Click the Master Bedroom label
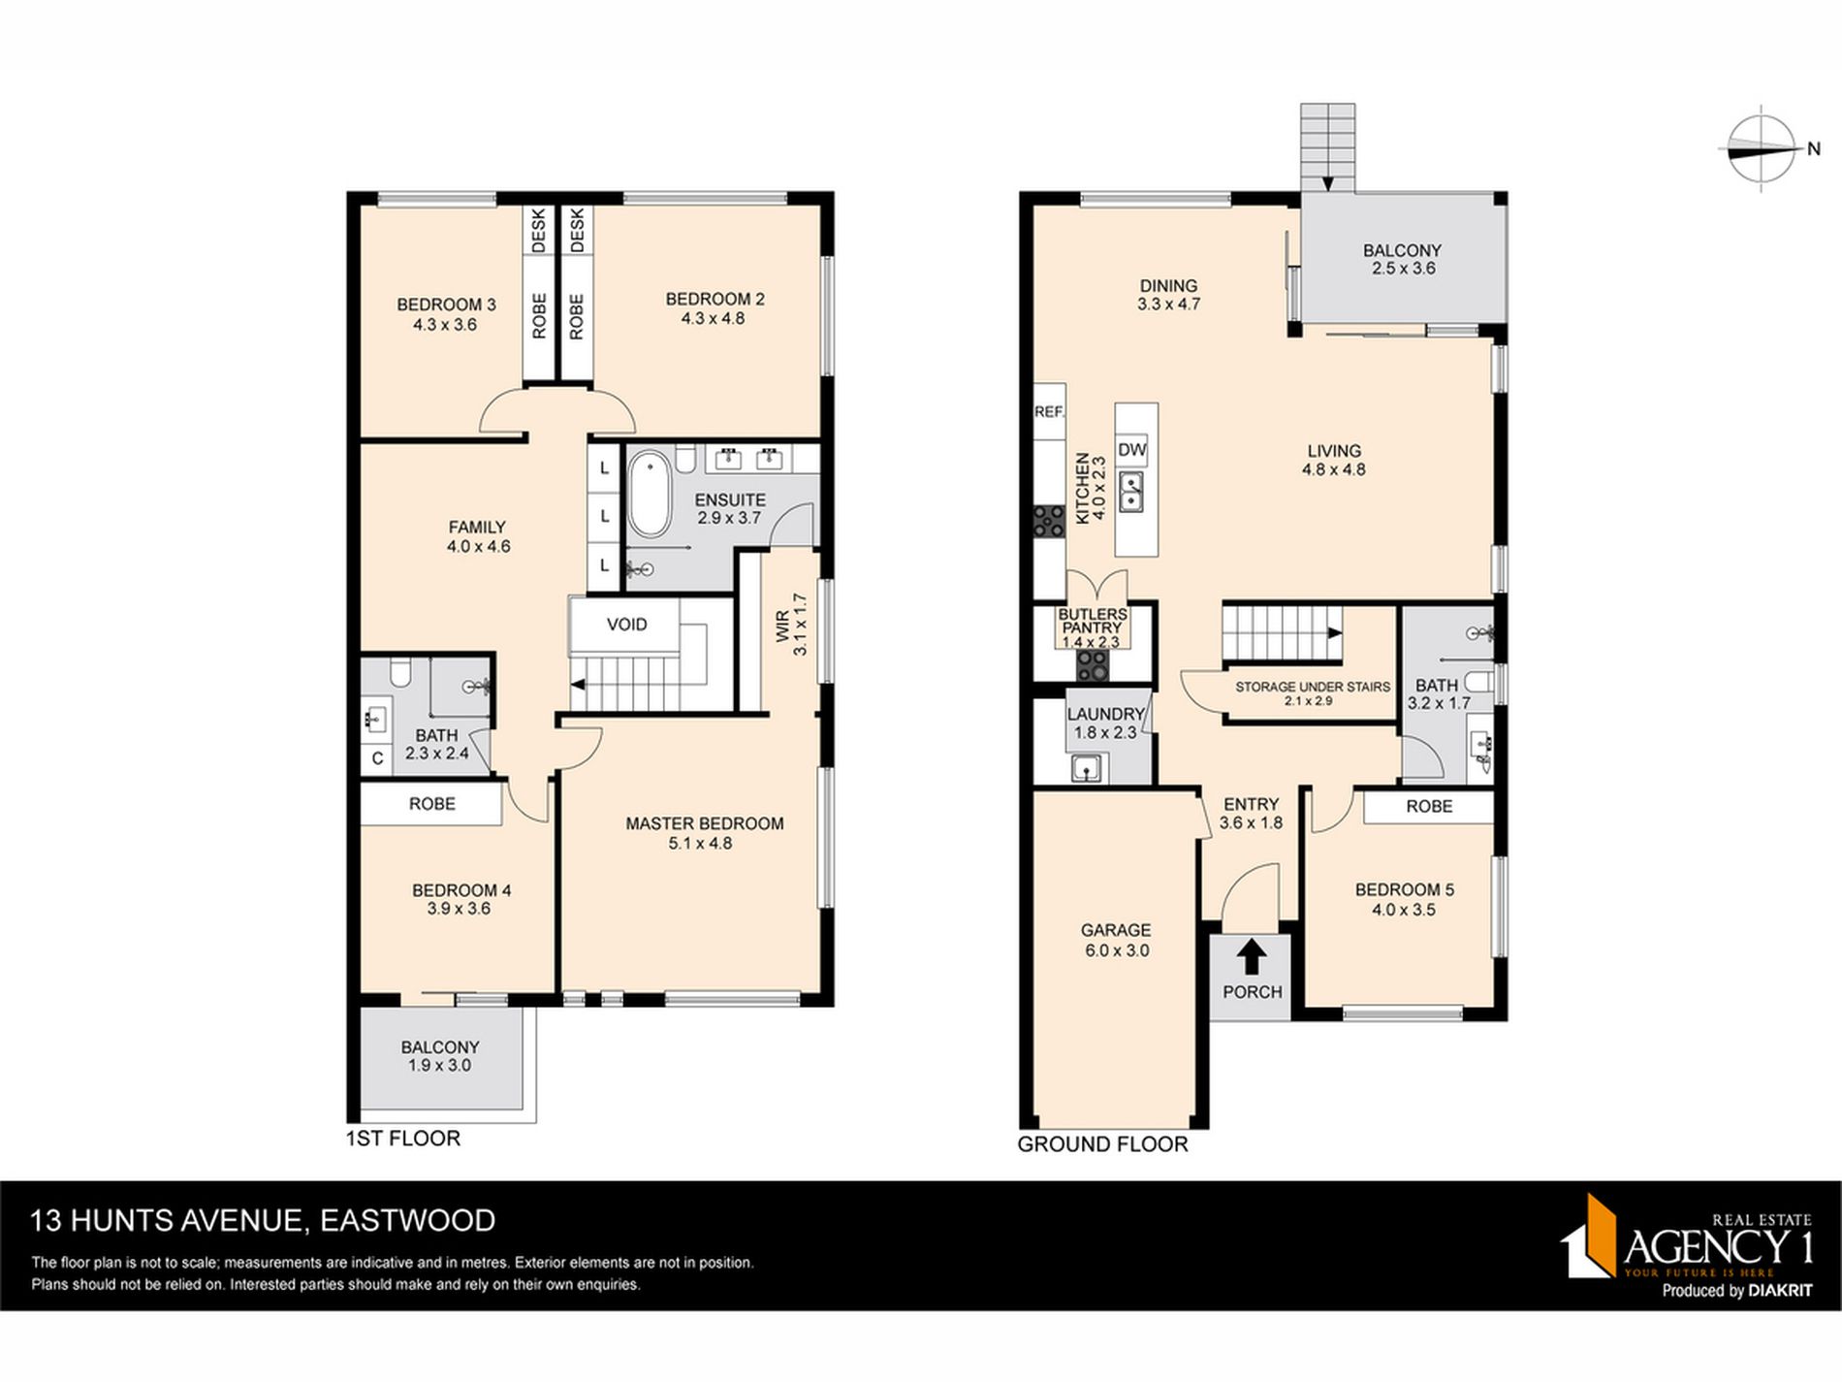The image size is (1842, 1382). [704, 832]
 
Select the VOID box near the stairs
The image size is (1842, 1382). [626, 625]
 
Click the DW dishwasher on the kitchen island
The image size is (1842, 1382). [1131, 450]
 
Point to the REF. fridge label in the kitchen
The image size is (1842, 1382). [1049, 412]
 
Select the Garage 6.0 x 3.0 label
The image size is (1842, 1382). [1116, 940]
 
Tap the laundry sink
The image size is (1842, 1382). [1087, 769]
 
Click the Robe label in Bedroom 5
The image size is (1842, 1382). [1428, 806]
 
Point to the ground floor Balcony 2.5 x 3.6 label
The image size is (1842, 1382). [1402, 259]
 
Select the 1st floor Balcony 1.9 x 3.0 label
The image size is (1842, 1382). [440, 1055]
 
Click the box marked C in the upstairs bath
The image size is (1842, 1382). [377, 758]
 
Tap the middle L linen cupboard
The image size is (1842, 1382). [604, 516]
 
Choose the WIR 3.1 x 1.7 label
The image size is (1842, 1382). [791, 625]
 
